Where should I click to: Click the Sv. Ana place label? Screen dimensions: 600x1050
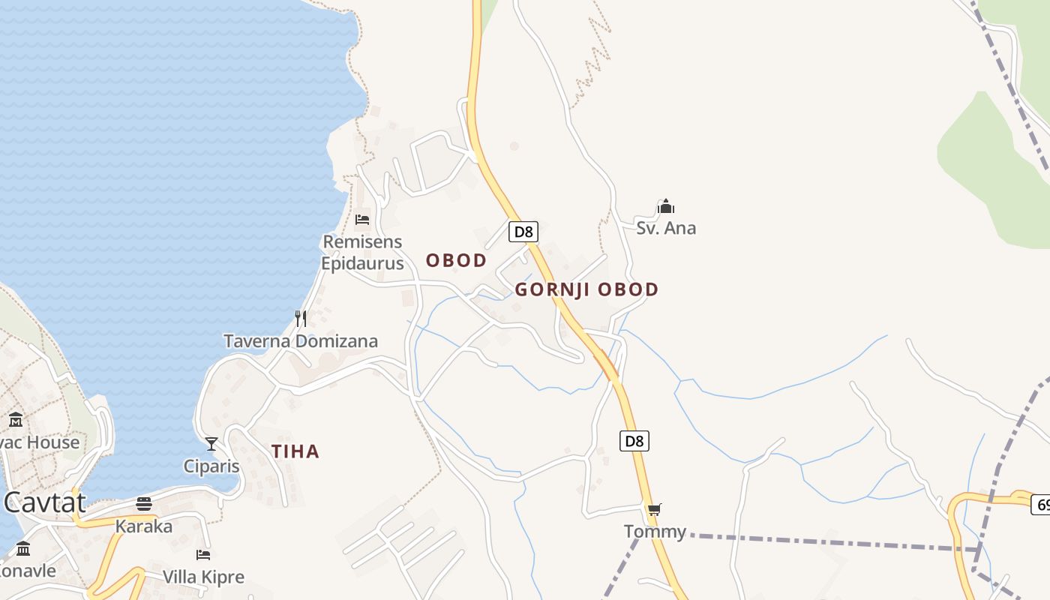click(x=666, y=228)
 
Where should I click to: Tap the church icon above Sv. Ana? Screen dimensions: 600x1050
click(x=666, y=206)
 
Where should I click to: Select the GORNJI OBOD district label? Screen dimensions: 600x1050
click(x=586, y=289)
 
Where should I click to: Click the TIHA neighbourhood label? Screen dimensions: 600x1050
click(x=295, y=451)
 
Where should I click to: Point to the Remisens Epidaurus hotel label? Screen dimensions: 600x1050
click(x=362, y=253)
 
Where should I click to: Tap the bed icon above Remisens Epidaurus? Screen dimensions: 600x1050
click(x=362, y=220)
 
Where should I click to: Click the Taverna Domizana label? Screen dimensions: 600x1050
click(x=301, y=341)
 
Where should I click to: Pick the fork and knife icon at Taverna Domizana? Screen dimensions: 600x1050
click(x=301, y=319)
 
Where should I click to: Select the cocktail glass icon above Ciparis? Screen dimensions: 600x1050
click(x=211, y=444)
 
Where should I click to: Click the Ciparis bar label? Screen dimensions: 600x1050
click(x=211, y=466)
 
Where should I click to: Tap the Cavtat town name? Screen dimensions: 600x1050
click(x=45, y=502)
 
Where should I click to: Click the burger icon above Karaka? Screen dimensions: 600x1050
click(x=144, y=503)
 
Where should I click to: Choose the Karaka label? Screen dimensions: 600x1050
click(x=144, y=526)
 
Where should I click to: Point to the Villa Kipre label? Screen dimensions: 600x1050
click(x=204, y=577)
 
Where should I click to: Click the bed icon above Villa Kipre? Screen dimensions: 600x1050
click(x=203, y=555)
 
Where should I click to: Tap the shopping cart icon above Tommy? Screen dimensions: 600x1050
click(x=655, y=510)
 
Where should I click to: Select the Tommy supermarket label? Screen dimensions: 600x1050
click(x=655, y=532)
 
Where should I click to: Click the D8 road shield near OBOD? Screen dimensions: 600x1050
click(x=523, y=232)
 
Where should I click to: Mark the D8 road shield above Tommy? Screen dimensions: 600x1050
click(x=634, y=440)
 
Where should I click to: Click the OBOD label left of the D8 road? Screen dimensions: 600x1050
click(x=457, y=261)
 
